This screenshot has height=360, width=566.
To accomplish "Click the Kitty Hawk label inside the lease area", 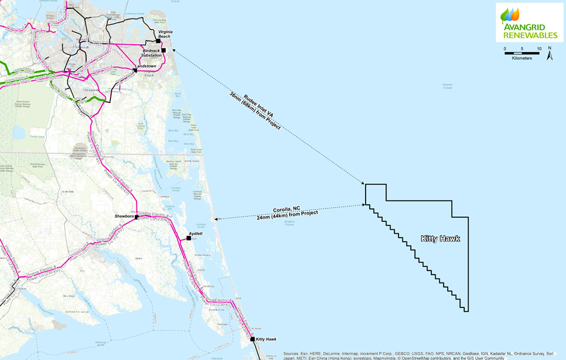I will (x=440, y=239).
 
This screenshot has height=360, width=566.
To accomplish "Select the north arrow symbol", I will (x=550, y=55).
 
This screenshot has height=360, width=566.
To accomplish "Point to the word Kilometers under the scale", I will (x=521, y=59).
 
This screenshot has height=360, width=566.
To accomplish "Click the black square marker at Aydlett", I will (x=188, y=238).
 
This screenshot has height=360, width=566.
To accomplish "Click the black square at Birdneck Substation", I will (x=164, y=50).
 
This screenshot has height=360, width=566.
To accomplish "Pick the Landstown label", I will (x=144, y=66).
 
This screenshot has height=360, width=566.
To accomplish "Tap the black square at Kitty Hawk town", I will (x=252, y=340).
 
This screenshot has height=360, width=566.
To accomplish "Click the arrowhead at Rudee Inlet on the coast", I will (x=173, y=49).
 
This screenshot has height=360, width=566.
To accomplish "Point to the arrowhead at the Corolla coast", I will (x=216, y=219).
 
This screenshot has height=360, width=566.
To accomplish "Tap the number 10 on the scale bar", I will (x=539, y=49).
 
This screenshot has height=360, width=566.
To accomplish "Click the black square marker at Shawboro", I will (x=136, y=217).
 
